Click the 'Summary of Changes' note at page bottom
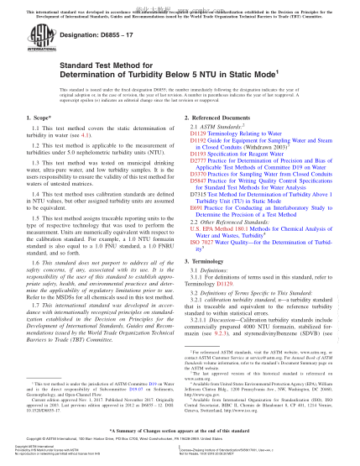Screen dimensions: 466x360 tap(180, 427)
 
